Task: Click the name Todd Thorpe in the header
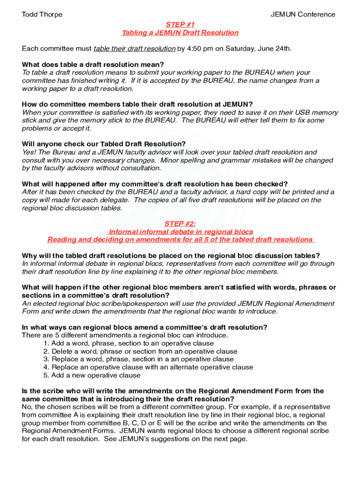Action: pos(42,14)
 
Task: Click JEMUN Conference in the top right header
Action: pos(303,14)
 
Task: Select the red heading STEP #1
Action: pos(180,24)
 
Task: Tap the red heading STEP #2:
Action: pos(180,224)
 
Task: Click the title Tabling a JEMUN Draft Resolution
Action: pos(180,33)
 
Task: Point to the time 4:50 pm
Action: pos(200,49)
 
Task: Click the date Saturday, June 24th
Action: pos(254,49)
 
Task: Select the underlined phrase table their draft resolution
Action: pos(135,49)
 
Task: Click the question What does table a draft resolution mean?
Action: pos(93,65)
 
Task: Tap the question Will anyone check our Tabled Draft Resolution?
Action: pos(104,144)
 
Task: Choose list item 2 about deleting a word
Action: pos(140,351)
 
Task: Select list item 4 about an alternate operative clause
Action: pos(148,367)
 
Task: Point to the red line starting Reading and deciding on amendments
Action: pos(180,239)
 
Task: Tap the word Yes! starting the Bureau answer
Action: pos(29,152)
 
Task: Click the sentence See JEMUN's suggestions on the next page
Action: pos(184,439)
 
